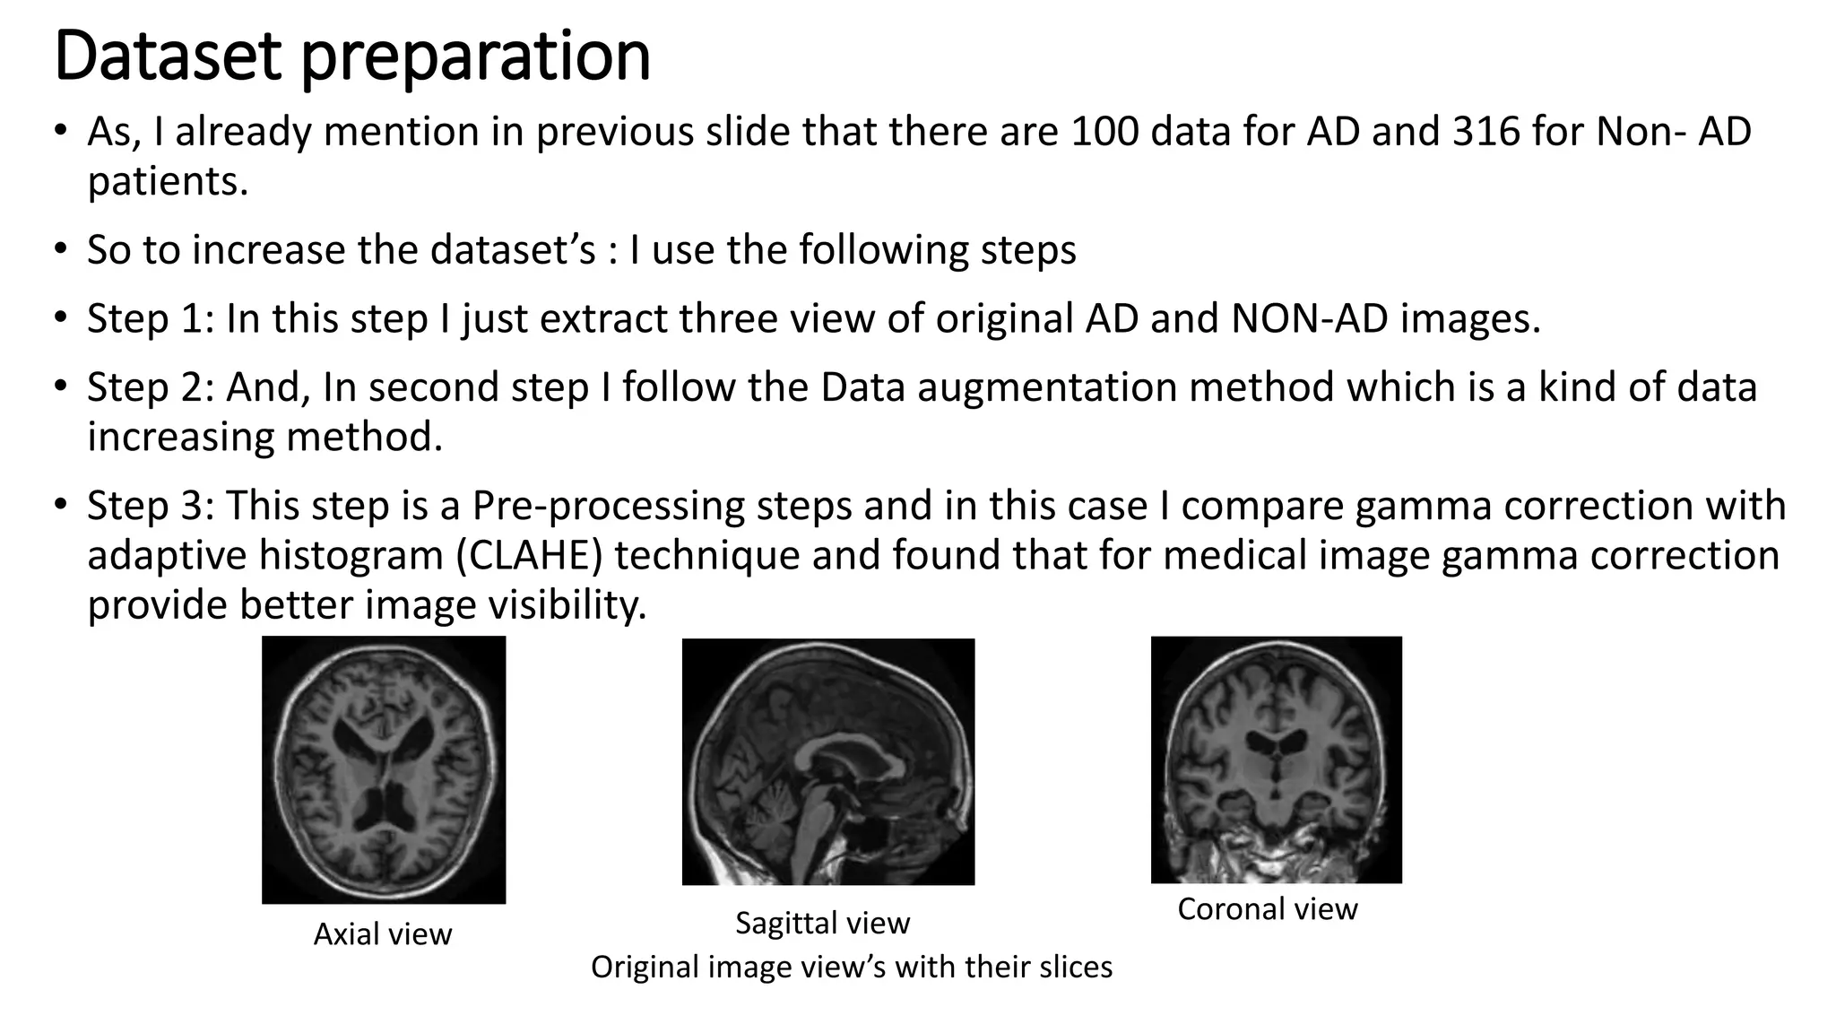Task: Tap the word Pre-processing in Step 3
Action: click(x=609, y=506)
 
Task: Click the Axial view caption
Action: click(x=383, y=934)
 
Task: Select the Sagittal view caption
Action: click(x=822, y=923)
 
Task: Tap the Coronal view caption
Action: click(x=1267, y=909)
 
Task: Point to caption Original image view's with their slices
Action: click(x=851, y=967)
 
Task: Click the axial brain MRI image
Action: click(x=384, y=769)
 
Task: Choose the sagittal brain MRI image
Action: click(x=827, y=761)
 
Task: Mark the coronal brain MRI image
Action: click(x=1276, y=760)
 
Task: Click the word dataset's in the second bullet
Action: click(x=512, y=250)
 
